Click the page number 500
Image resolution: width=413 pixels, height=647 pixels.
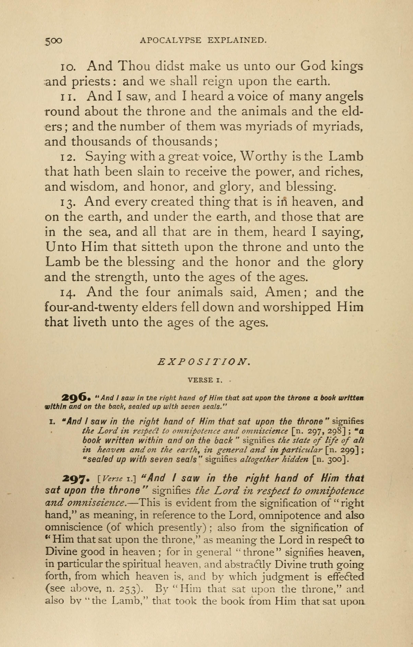54,41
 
